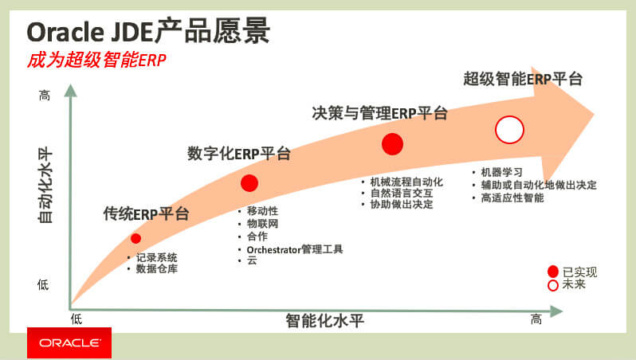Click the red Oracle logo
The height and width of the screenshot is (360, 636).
click(x=69, y=342)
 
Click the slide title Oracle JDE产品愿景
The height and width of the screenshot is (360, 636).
click(x=148, y=32)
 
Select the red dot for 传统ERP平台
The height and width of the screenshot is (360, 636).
click(x=136, y=238)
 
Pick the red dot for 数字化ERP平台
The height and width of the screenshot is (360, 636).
click(x=250, y=183)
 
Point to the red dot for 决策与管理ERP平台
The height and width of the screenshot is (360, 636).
click(x=392, y=143)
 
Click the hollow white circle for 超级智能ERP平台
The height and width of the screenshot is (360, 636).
click(x=508, y=129)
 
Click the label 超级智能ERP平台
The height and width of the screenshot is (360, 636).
click(x=523, y=79)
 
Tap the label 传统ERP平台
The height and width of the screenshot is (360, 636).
click(x=147, y=213)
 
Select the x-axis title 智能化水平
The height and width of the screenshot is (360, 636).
click(x=324, y=321)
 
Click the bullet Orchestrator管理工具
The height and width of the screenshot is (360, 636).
click(x=294, y=249)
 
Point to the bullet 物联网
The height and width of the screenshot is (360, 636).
click(x=262, y=224)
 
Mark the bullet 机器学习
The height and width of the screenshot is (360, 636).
click(x=501, y=172)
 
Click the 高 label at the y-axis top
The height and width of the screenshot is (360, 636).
click(x=45, y=96)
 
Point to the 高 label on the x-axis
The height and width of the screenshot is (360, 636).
click(x=536, y=319)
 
